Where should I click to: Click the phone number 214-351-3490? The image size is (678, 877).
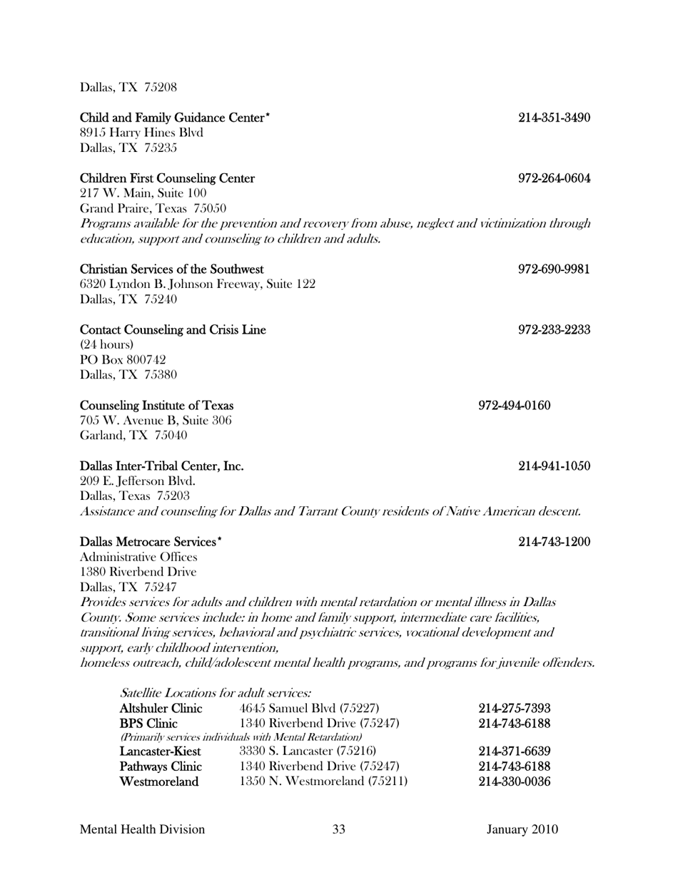coord(554,118)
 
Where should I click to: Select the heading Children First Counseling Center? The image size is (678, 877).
coord(167,178)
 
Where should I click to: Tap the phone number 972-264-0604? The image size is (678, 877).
coord(554,178)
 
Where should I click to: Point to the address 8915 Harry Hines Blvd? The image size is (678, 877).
coord(141,133)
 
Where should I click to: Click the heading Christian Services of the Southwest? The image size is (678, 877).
coord(172,270)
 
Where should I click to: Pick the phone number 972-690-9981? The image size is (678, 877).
coord(554,270)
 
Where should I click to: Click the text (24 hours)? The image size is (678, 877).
coord(106,345)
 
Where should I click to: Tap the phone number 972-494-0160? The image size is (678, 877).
coord(514,406)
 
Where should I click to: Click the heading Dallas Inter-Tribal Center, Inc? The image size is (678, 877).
coord(162,466)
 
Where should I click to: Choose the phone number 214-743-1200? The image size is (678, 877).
coord(554,543)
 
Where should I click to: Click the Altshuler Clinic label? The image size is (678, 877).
coord(161,708)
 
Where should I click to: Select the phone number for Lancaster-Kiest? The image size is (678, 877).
coord(514,751)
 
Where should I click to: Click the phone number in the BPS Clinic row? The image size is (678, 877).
coord(514,724)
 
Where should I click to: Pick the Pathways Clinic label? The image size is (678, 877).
coord(161,766)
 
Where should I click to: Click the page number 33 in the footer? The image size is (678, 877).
coord(339,829)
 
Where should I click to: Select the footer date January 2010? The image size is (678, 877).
coord(522,829)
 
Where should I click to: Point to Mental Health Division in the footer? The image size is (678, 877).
coord(143,829)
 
